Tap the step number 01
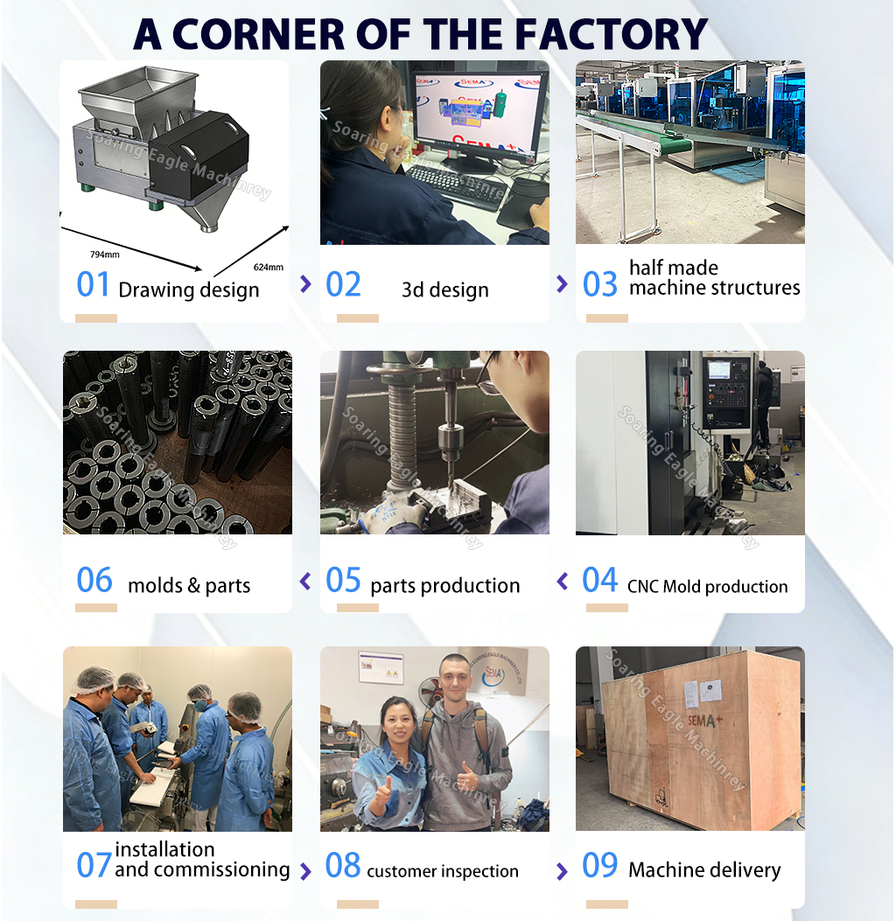pyautogui.click(x=94, y=285)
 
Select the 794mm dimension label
pyautogui.click(x=105, y=255)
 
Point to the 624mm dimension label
pyautogui.click(x=268, y=267)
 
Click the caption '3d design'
pyautogui.click(x=444, y=290)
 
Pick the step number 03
pyautogui.click(x=600, y=285)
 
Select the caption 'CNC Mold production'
pyautogui.click(x=707, y=587)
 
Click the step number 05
pyautogui.click(x=343, y=581)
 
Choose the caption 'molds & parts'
pyautogui.click(x=189, y=586)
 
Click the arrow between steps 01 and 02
pyautogui.click(x=305, y=283)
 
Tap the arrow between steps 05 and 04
pyautogui.click(x=563, y=581)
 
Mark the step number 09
pyautogui.click(x=600, y=866)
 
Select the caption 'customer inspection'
pyautogui.click(x=443, y=871)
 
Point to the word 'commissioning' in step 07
pyautogui.click(x=202, y=869)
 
